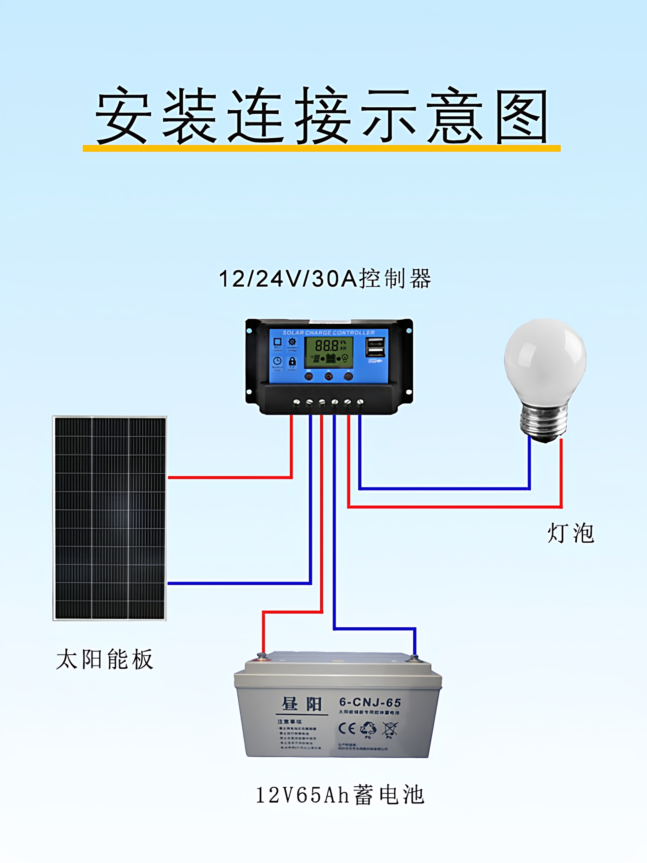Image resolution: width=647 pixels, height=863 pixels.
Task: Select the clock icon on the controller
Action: (277, 361)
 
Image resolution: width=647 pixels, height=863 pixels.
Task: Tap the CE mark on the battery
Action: (347, 728)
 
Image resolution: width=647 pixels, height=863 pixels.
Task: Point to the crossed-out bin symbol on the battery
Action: (390, 729)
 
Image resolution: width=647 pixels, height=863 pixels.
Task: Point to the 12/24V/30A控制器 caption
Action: (325, 279)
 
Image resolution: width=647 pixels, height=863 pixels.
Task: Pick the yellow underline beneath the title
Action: (321, 148)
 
